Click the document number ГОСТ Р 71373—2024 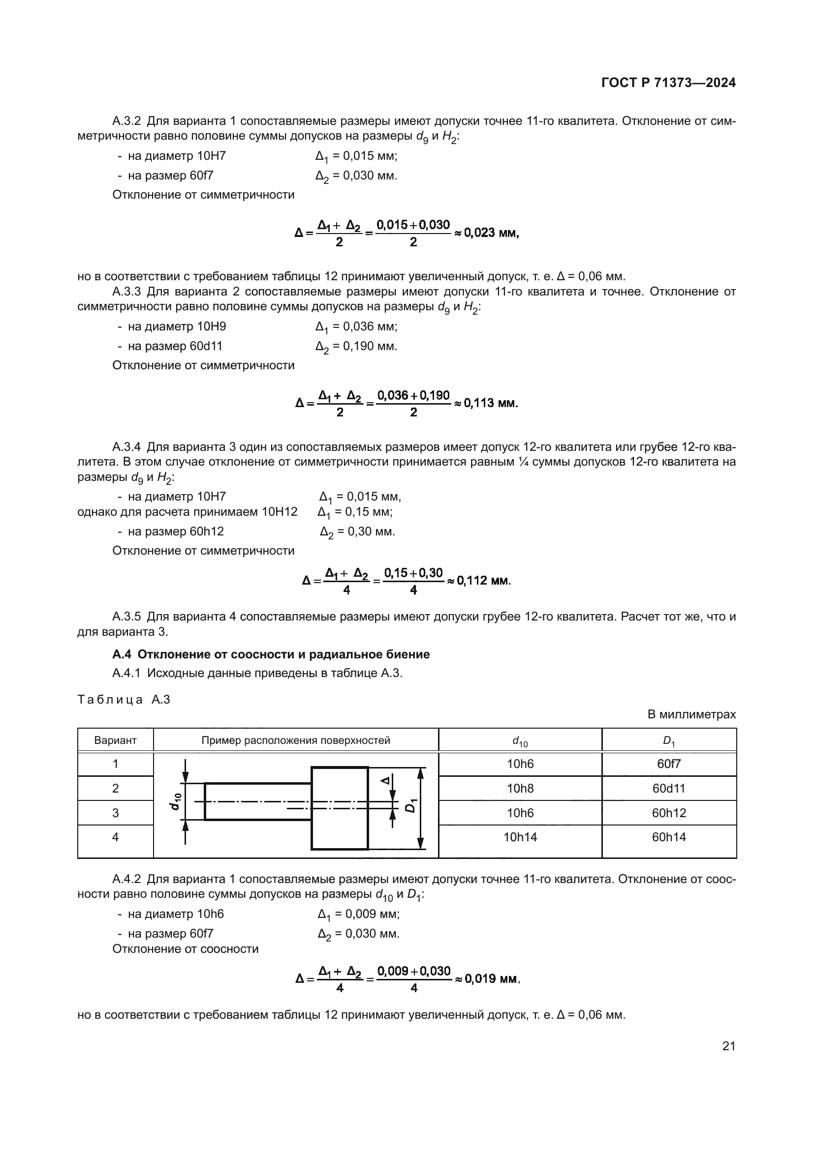pyautogui.click(x=668, y=83)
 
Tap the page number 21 pyautogui.click(x=729, y=1046)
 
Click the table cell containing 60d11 pyautogui.click(x=669, y=788)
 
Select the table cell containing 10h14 pyautogui.click(x=520, y=837)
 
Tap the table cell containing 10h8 pyautogui.click(x=520, y=788)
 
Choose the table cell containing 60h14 pyautogui.click(x=669, y=837)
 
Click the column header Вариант pyautogui.click(x=115, y=741)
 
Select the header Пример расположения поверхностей pyautogui.click(x=296, y=740)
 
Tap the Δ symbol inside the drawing pyautogui.click(x=384, y=780)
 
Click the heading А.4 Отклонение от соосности pyautogui.click(x=271, y=654)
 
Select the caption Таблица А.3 pyautogui.click(x=124, y=700)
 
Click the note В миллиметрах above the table pyautogui.click(x=691, y=714)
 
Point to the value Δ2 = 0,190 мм pyautogui.click(x=356, y=347)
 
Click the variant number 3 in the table pyautogui.click(x=115, y=812)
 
